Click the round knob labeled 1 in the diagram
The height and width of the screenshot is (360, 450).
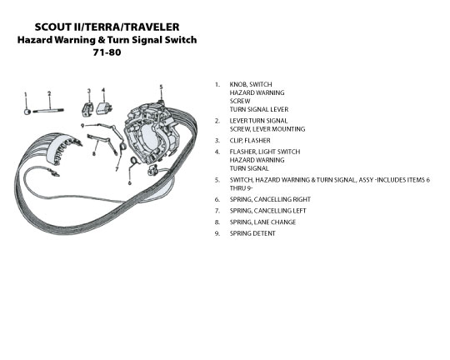click(x=27, y=112)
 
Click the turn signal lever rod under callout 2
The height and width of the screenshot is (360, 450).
click(x=48, y=111)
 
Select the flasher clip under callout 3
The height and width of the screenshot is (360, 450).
click(x=87, y=109)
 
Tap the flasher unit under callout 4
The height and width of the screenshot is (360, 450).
click(x=104, y=108)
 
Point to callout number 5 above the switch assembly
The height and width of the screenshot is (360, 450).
click(x=162, y=87)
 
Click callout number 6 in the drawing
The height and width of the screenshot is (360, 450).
click(x=129, y=182)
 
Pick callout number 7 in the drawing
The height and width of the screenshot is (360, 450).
click(x=117, y=169)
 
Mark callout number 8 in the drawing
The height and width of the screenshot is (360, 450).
click(x=93, y=153)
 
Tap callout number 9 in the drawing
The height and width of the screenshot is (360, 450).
click(x=82, y=126)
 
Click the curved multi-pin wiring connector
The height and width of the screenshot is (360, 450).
click(x=62, y=149)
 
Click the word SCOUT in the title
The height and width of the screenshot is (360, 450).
click(x=53, y=27)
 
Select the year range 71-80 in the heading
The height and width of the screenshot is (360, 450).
click(x=107, y=52)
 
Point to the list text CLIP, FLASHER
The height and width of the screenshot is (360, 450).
click(x=250, y=141)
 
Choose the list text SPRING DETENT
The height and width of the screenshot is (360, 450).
click(x=252, y=233)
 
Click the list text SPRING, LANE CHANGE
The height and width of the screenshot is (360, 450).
click(x=262, y=222)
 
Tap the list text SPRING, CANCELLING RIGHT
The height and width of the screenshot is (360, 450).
click(x=270, y=199)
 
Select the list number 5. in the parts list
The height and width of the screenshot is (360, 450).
click(x=217, y=180)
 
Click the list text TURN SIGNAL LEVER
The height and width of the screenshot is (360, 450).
click(x=259, y=109)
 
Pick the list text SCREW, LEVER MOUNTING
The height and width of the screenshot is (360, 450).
click(x=267, y=129)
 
